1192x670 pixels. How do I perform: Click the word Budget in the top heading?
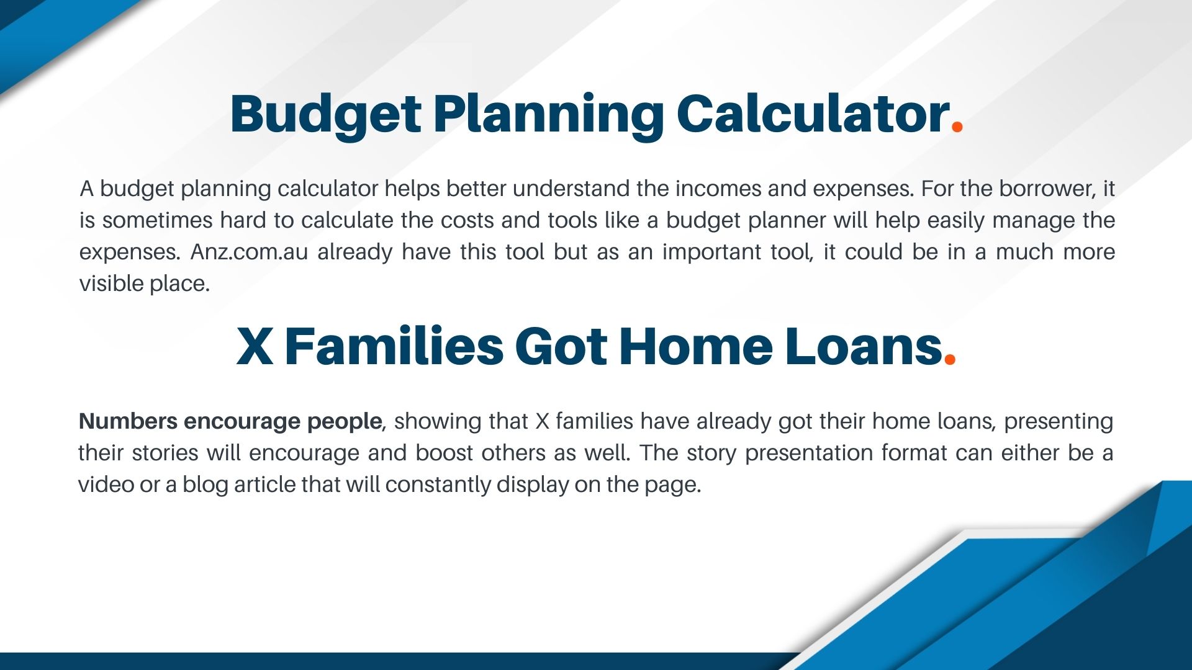tap(326, 116)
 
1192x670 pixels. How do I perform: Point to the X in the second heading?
tap(255, 346)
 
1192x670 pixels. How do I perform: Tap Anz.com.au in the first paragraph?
tap(249, 252)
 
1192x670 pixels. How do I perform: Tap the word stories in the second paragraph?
tap(165, 453)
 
